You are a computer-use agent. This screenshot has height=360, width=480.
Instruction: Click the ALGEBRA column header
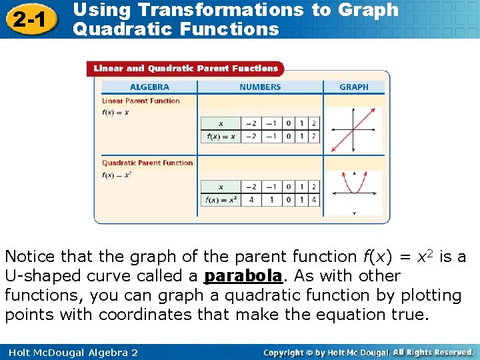[149, 87]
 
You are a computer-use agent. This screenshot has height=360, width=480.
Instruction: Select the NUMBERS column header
[260, 87]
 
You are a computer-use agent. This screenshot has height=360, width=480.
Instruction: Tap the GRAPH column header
[353, 87]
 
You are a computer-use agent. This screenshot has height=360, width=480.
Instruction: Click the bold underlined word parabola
[243, 276]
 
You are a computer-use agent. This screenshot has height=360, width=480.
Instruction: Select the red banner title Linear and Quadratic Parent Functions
[186, 68]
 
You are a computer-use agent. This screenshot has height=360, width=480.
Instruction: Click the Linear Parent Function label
[141, 101]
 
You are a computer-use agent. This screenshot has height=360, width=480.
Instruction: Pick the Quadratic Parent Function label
[147, 163]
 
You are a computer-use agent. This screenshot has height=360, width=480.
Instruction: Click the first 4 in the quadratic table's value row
[251, 200]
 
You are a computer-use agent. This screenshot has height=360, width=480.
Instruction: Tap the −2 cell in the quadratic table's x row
[251, 187]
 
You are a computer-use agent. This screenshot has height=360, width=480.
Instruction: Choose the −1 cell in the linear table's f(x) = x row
[271, 137]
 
